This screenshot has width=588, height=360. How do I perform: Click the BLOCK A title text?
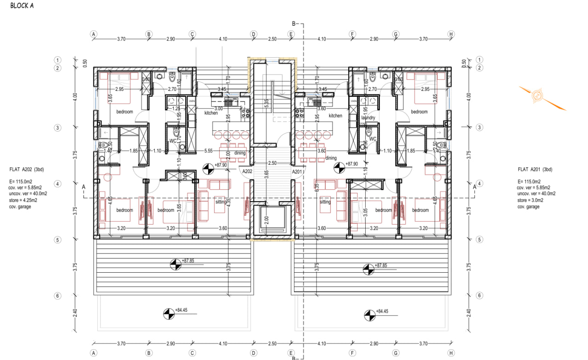point(22,6)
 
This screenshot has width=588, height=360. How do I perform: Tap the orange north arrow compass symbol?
point(537,96)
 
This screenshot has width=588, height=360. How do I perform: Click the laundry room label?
point(368,118)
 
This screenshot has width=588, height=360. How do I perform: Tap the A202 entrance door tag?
point(248,171)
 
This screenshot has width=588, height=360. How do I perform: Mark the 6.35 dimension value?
point(317,189)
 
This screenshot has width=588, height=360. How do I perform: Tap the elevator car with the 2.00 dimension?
point(273,220)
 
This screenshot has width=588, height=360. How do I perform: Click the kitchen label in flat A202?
point(211,113)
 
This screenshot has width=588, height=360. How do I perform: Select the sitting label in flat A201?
point(325,202)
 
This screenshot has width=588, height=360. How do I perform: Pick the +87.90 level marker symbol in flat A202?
point(209,169)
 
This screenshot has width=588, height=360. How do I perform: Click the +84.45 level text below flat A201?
point(381,311)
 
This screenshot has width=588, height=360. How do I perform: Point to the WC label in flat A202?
point(173,141)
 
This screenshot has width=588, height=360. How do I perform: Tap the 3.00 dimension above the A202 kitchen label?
point(219,108)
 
